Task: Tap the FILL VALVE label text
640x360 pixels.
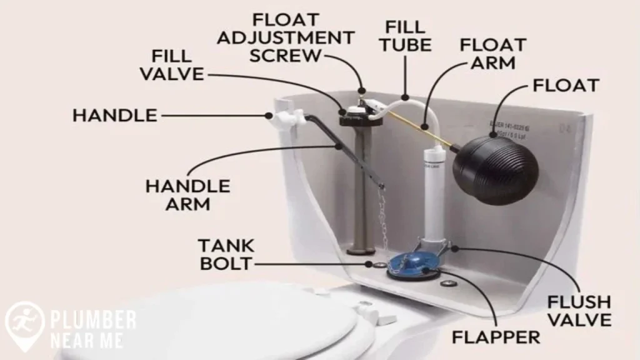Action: click(171, 65)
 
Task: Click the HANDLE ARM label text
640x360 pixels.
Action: click(187, 195)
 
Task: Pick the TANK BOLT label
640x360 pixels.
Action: click(226, 254)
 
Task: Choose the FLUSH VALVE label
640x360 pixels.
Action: click(579, 311)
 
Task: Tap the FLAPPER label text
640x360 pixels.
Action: click(495, 337)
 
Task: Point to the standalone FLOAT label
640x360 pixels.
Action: click(566, 85)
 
